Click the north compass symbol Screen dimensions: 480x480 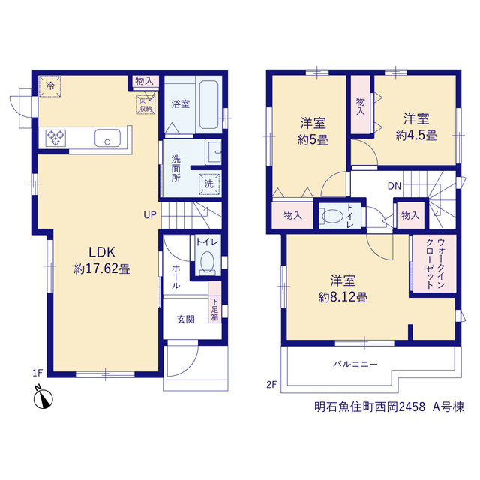point(43,397)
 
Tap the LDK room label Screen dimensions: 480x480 point(102,252)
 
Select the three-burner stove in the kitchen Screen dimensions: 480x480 point(55,138)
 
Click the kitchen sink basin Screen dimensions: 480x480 point(107,138)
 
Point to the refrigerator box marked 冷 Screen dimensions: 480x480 point(50,86)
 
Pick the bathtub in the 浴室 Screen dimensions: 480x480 point(208,104)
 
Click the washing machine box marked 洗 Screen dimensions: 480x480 point(209,184)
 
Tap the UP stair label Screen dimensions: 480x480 point(150,215)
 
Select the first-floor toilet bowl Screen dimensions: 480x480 point(207,262)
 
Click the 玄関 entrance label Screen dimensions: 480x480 point(185,319)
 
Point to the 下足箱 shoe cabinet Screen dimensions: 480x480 point(215,301)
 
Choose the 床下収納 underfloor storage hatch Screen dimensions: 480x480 point(145,104)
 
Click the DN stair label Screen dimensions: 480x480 point(394,186)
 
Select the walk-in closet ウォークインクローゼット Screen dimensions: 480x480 point(435,263)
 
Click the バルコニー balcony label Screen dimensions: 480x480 point(355,364)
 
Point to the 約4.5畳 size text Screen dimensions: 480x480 point(416,135)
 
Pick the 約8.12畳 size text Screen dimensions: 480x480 point(343,297)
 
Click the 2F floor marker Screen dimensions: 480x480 point(271,384)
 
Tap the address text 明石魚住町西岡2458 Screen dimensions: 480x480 point(370,406)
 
